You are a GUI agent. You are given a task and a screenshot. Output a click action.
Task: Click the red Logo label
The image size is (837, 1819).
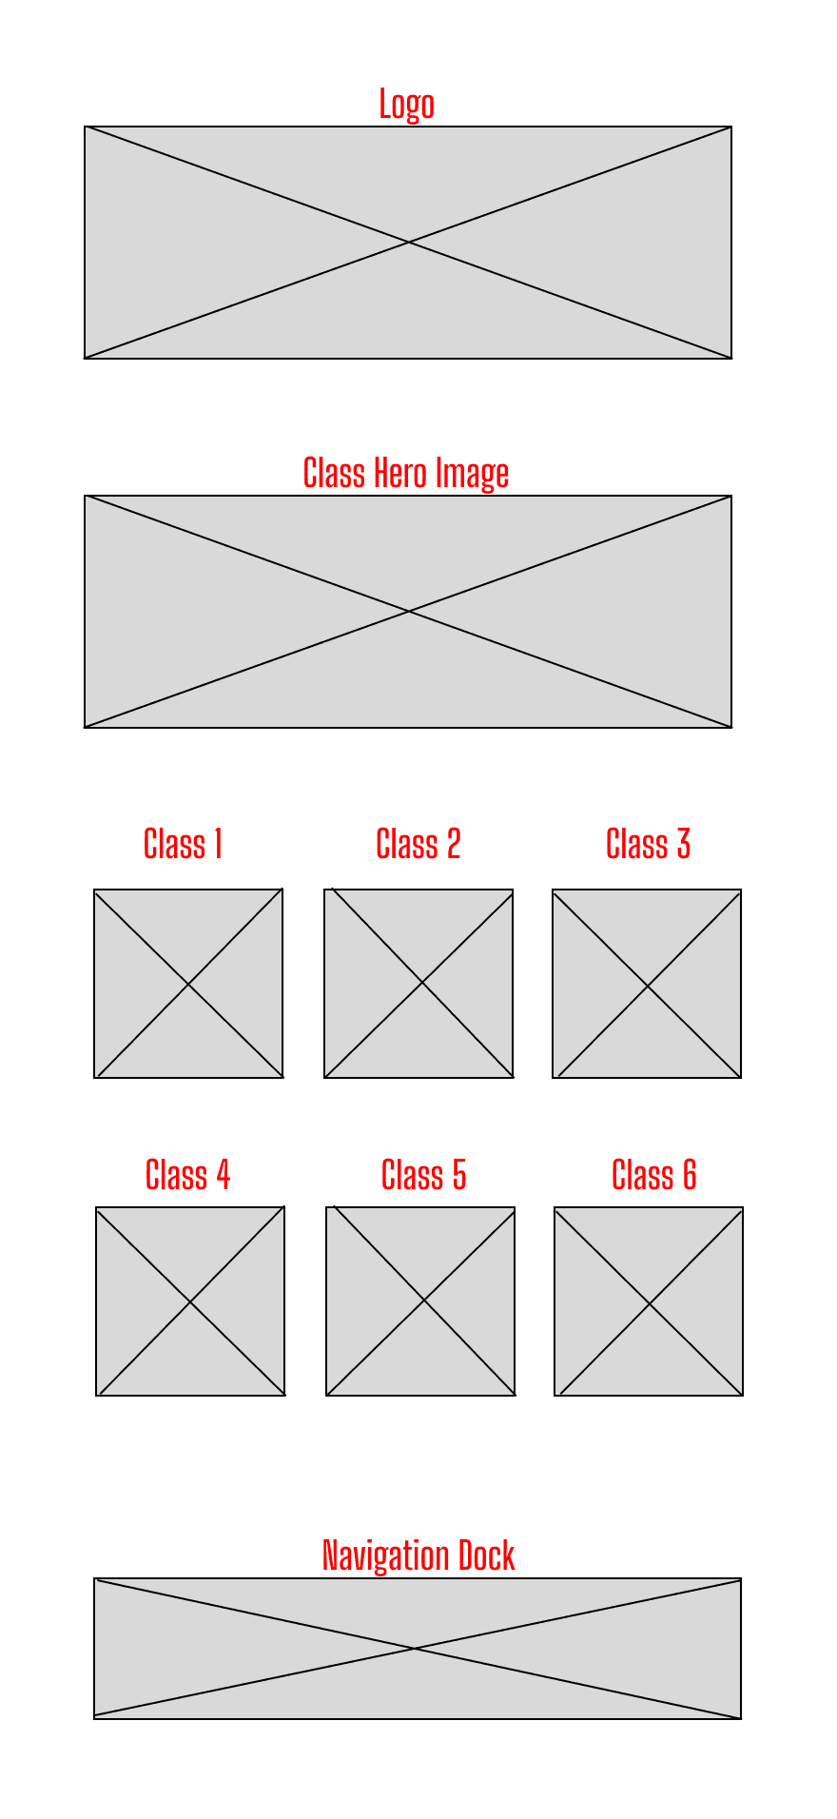pyautogui.click(x=406, y=105)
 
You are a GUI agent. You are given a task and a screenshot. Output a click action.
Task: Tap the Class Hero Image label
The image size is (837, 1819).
pyautogui.click(x=406, y=473)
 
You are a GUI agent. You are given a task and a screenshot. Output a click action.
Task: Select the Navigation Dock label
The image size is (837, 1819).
pyautogui.click(x=418, y=1555)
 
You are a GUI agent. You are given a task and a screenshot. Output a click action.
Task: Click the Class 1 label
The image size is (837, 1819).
pyautogui.click(x=183, y=844)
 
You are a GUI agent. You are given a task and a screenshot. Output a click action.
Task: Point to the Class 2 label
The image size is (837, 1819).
pyautogui.click(x=418, y=844)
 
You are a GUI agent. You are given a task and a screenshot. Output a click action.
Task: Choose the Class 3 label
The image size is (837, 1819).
pyautogui.click(x=649, y=844)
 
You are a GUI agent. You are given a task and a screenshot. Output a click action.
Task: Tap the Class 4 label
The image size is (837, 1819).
pyautogui.click(x=187, y=1175)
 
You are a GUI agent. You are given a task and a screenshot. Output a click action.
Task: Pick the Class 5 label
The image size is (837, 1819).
pyautogui.click(x=424, y=1175)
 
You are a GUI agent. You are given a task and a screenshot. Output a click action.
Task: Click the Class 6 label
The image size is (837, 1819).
pyautogui.click(x=654, y=1175)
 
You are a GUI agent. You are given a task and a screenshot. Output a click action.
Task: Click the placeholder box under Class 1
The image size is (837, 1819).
pyautogui.click(x=188, y=984)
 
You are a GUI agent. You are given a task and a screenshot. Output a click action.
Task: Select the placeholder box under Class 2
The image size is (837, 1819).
pyautogui.click(x=418, y=984)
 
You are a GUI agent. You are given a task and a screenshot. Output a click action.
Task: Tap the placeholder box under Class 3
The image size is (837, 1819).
pyautogui.click(x=647, y=984)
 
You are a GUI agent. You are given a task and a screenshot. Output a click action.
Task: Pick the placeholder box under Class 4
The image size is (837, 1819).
pyautogui.click(x=190, y=1301)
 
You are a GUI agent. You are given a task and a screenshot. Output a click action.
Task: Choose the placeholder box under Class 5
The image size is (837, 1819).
pyautogui.click(x=420, y=1301)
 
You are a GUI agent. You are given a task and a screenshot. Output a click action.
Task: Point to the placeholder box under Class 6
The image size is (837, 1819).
pyautogui.click(x=649, y=1301)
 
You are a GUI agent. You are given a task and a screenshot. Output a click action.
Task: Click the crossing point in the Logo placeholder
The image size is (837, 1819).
pyautogui.click(x=409, y=243)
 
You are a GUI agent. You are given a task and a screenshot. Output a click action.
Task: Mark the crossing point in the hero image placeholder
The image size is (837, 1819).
pyautogui.click(x=409, y=611)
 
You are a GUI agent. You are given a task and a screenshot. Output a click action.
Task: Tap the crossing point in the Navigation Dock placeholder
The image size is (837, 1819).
pyautogui.click(x=415, y=1648)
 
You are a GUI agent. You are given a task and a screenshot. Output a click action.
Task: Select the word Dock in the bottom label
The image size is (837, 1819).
pyautogui.click(x=487, y=1555)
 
